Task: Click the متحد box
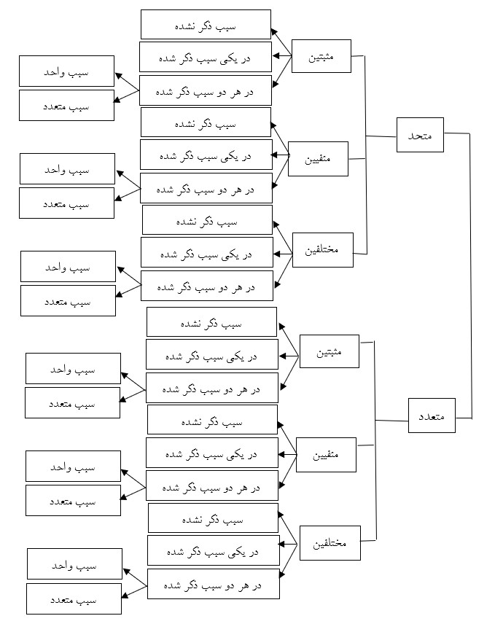pyautogui.click(x=421, y=136)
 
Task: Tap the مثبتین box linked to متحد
pyautogui.click(x=321, y=56)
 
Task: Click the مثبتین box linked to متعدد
pyautogui.click(x=329, y=354)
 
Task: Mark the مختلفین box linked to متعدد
pyautogui.click(x=330, y=544)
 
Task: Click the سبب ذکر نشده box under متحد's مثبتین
pyautogui.click(x=205, y=24)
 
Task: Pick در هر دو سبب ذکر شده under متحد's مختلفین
pyautogui.click(x=208, y=286)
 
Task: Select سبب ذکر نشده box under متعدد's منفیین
pyautogui.click(x=211, y=420)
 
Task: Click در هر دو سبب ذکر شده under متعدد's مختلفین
pyautogui.click(x=213, y=584)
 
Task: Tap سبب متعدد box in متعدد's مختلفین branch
pyautogui.click(x=74, y=598)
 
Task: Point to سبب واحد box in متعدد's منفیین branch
pyautogui.click(x=73, y=466)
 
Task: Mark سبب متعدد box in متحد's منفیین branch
pyautogui.click(x=66, y=203)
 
